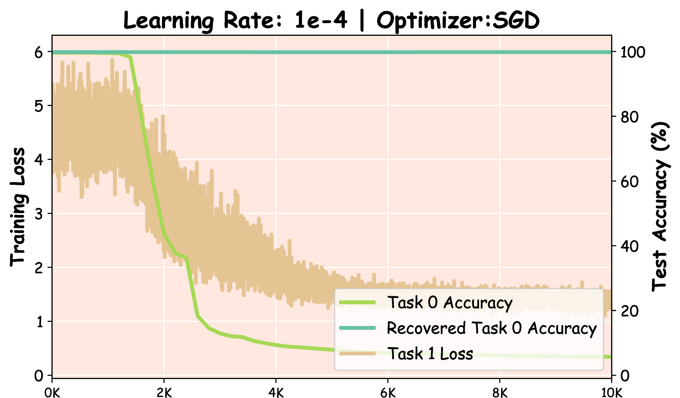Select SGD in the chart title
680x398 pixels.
tap(516, 20)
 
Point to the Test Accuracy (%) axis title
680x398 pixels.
tap(661, 207)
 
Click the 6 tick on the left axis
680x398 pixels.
tap(39, 53)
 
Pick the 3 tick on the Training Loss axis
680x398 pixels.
tap(39, 214)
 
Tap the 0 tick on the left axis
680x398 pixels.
tap(39, 376)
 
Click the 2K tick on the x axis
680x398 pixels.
tap(164, 392)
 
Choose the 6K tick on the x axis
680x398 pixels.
tap(388, 392)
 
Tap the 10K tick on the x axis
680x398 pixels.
tap(611, 392)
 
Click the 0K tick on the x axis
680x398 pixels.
tap(52, 392)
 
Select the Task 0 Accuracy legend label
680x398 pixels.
tap(450, 303)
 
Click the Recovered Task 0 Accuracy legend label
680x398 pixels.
tap(492, 328)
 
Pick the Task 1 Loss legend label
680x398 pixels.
tap(430, 354)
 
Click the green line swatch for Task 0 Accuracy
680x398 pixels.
tap(357, 302)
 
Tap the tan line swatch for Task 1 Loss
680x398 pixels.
tap(357, 353)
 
